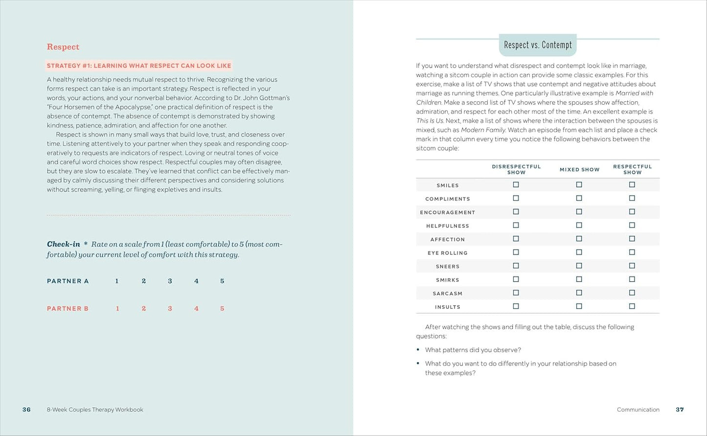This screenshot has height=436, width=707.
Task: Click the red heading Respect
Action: coord(63,47)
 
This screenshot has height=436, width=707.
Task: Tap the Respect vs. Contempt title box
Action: coord(538,45)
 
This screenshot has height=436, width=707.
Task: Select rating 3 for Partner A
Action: coord(170,281)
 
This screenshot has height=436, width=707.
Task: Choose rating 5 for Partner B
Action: coord(222,309)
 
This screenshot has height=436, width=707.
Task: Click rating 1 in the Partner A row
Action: coord(117,281)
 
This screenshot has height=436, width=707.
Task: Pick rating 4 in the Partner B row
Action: coord(196,309)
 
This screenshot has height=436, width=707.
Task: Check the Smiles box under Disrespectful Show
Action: coord(516,185)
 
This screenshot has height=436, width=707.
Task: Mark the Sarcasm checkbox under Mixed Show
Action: coord(579,293)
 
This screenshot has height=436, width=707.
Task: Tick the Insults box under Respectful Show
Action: coord(632,306)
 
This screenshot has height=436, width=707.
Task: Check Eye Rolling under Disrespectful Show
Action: coord(516,252)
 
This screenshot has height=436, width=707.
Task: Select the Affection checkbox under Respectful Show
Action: coord(632,239)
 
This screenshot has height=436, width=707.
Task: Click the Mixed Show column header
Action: coord(579,170)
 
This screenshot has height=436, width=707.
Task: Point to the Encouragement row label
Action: coord(447,212)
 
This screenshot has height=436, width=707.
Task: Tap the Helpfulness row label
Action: coord(447,226)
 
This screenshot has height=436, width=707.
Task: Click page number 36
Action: coord(26,410)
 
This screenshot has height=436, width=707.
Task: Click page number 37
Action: coord(680,410)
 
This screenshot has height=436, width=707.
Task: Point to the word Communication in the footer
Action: coord(638,410)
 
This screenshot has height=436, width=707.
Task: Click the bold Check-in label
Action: coord(63,244)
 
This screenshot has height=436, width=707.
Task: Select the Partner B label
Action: coord(68,309)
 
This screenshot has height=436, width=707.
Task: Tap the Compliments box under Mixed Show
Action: coord(579,198)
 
